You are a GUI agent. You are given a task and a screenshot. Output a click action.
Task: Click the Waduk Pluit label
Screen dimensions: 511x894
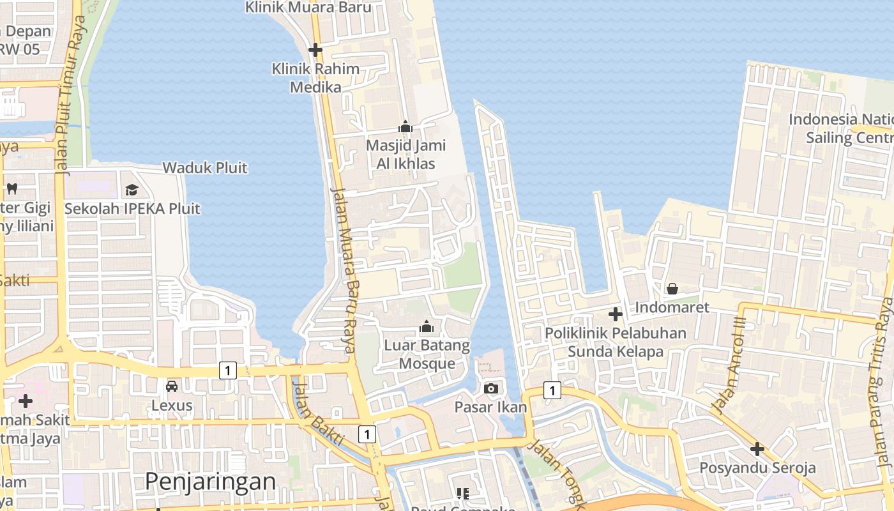[x=205, y=168]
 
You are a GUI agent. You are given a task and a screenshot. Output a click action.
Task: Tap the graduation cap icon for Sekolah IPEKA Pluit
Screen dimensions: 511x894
[x=132, y=190]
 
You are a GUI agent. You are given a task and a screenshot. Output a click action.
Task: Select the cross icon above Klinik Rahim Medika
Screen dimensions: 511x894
[x=315, y=50]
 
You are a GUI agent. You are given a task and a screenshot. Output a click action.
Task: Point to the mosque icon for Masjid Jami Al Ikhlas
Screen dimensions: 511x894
[x=405, y=127]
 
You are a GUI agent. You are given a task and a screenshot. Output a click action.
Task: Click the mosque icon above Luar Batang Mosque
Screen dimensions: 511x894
[x=427, y=328]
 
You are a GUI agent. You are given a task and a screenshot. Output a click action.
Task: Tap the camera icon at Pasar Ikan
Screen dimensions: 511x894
[x=491, y=388]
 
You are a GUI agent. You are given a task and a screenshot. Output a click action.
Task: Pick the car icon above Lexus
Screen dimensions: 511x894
[x=172, y=386]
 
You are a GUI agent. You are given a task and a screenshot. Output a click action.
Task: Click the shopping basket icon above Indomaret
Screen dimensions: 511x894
[x=672, y=289]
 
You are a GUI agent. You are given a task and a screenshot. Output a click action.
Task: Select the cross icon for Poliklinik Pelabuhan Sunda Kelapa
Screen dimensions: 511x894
[x=616, y=314]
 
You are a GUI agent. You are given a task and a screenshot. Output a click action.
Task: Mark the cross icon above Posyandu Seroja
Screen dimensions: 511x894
[x=757, y=449]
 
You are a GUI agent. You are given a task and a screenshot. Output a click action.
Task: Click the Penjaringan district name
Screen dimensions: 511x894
[x=211, y=481]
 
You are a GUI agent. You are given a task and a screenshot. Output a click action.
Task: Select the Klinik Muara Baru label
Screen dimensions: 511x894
[x=308, y=8]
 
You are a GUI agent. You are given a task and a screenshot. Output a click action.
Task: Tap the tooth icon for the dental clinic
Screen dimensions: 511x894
[x=11, y=188]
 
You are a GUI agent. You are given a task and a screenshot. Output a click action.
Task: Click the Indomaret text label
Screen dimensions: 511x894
[x=672, y=307]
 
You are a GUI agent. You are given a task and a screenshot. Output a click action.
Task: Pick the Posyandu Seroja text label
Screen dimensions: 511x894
[x=757, y=468]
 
